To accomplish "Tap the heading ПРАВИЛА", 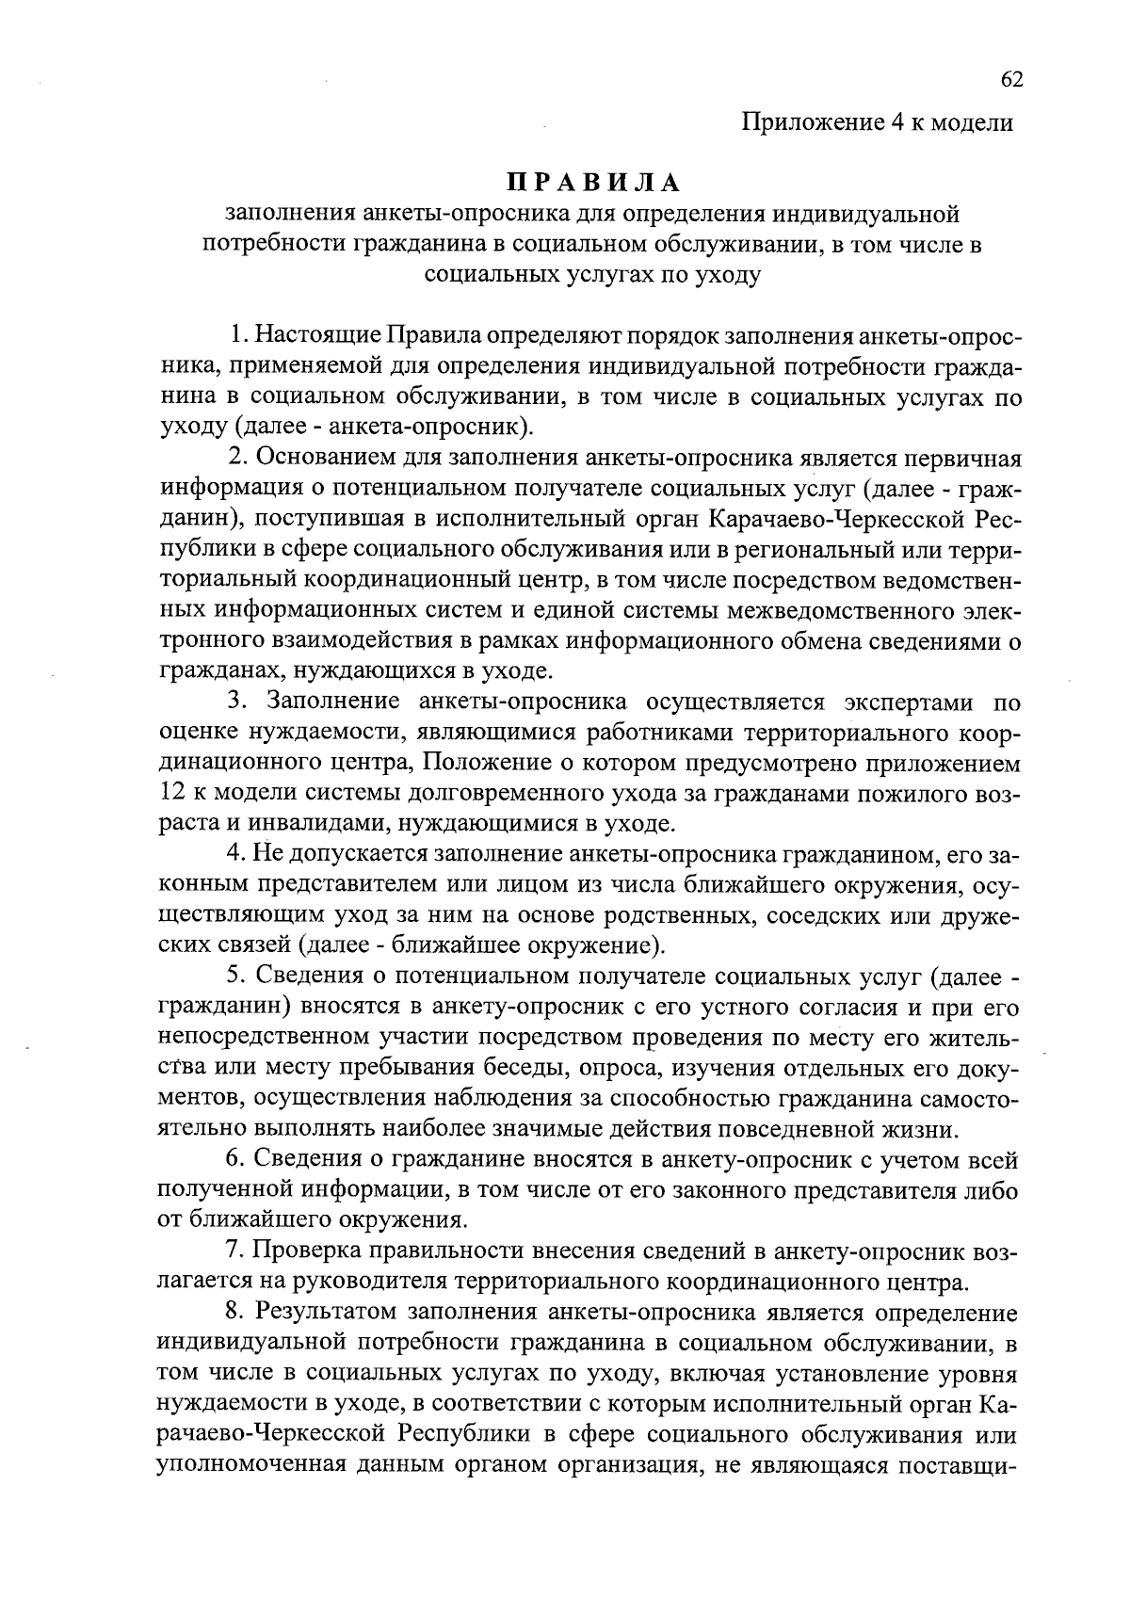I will point(593,182).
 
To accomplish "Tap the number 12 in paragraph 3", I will point(175,794).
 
